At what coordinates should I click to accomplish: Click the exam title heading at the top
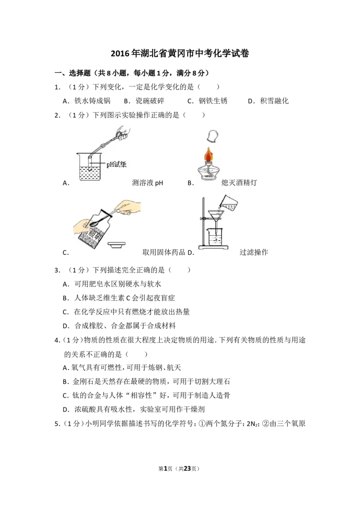pos(180,53)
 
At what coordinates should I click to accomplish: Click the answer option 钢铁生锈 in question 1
pos(213,101)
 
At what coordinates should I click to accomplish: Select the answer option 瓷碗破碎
pos(150,101)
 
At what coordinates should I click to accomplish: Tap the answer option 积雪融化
pos(274,101)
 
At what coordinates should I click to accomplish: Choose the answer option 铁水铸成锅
pos(93,101)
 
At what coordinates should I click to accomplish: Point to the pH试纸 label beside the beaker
pos(116,164)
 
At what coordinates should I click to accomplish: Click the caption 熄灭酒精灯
pos(239,183)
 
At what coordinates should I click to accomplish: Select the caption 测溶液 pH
pos(148,183)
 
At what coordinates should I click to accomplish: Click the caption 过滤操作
pos(254,252)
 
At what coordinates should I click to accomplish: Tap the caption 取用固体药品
pos(164,252)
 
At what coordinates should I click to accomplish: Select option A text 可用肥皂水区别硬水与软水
pos(118,284)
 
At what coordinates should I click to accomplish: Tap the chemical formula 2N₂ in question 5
pos(252,424)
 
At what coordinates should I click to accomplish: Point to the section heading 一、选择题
pos(72,73)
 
